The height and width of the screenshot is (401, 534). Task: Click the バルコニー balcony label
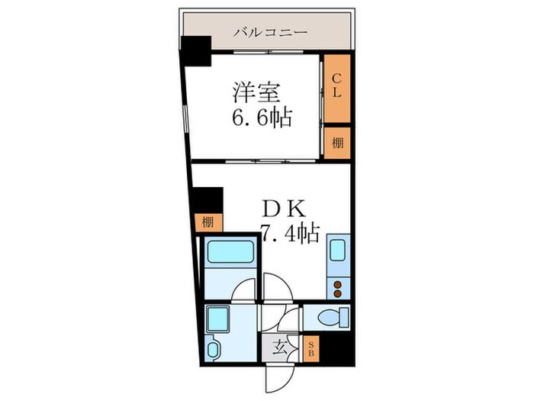click(x=270, y=33)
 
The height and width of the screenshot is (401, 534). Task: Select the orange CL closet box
click(x=336, y=89)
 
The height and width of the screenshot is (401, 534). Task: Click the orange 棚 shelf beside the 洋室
click(x=336, y=143)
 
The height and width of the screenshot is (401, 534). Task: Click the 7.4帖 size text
click(x=291, y=233)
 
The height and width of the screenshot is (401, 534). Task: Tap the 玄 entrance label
click(x=280, y=349)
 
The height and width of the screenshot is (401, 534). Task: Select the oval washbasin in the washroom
click(x=213, y=350)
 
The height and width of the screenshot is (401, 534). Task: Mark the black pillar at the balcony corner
click(x=195, y=52)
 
